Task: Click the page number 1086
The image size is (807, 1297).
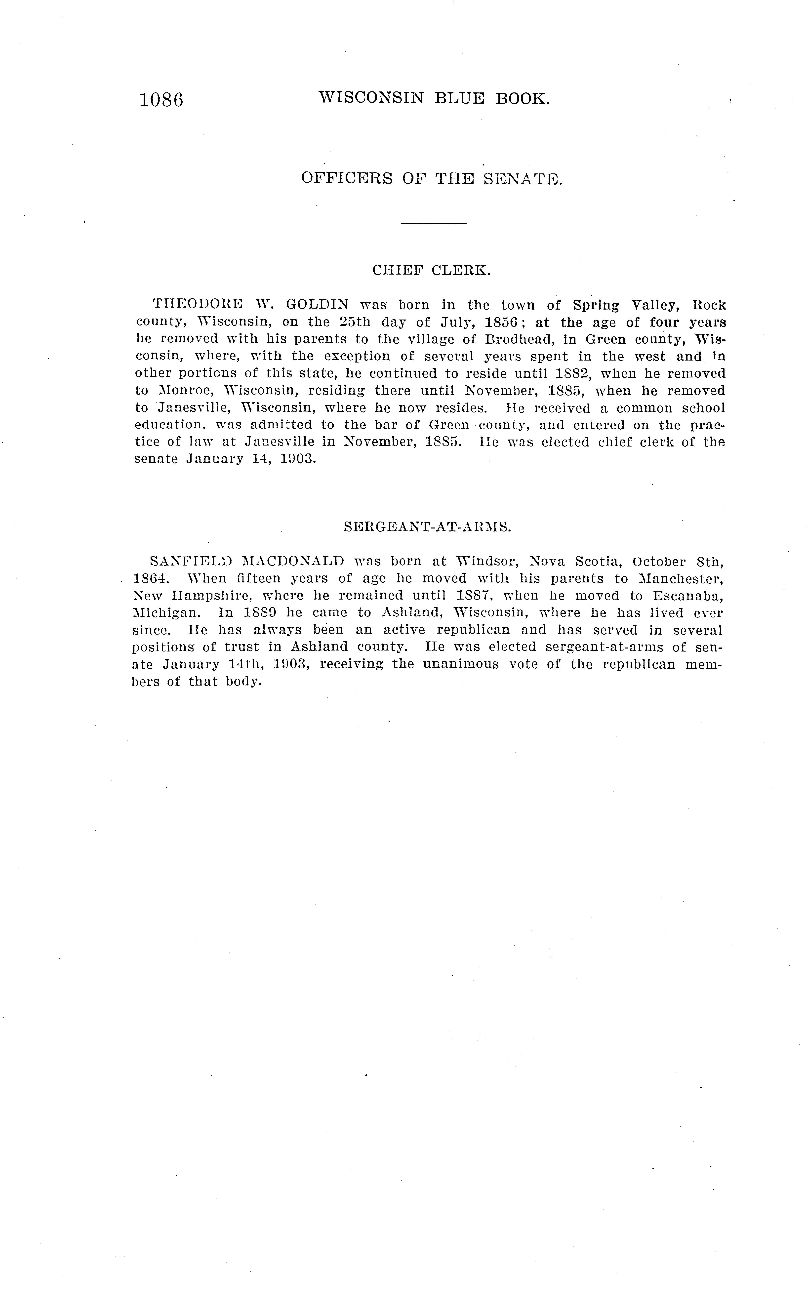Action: [x=161, y=100]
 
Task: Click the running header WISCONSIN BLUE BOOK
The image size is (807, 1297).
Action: [x=433, y=98]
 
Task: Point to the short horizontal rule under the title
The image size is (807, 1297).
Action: [x=433, y=223]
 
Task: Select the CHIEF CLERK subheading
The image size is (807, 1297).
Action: [x=431, y=271]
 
